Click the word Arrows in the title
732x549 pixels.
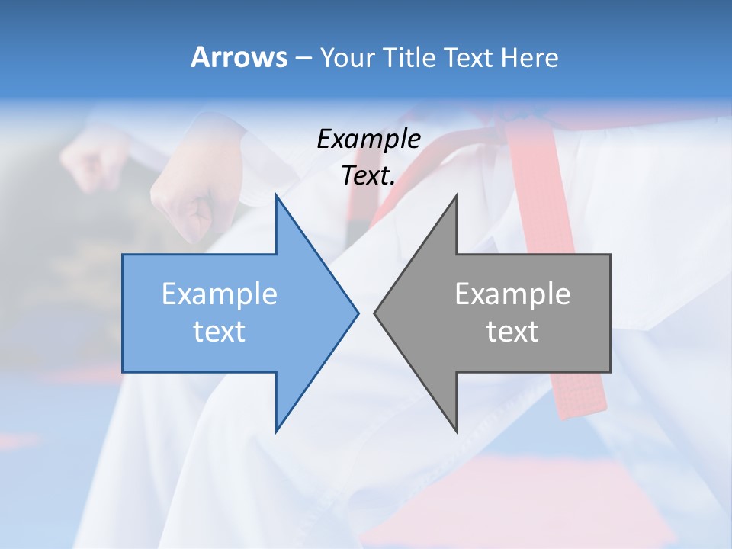pyautogui.click(x=238, y=57)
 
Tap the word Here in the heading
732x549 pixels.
pyautogui.click(x=530, y=57)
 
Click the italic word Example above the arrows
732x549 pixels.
pyautogui.click(x=368, y=139)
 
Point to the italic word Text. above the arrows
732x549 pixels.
pyautogui.click(x=368, y=176)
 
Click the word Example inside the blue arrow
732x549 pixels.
pyautogui.click(x=220, y=294)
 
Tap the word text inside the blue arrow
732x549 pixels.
pyautogui.click(x=220, y=332)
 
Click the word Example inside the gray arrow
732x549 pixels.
pyautogui.click(x=512, y=294)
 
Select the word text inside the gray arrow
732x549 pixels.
pyautogui.click(x=512, y=332)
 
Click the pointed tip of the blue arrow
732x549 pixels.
pyautogui.click(x=358, y=313)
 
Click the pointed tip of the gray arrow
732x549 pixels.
pyautogui.click(x=374, y=313)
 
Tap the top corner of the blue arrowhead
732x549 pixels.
pyautogui.click(x=276, y=195)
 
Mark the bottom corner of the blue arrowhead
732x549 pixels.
pyautogui.click(x=276, y=431)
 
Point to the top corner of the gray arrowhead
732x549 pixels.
pyautogui.click(x=456, y=195)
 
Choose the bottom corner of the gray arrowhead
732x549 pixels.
pyautogui.click(x=456, y=431)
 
